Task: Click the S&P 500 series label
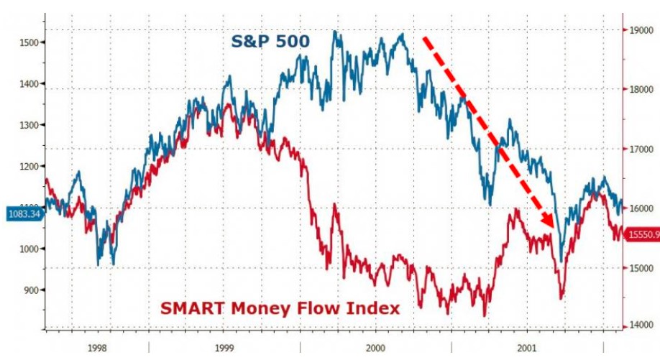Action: [270, 42]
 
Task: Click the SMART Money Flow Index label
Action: [280, 308]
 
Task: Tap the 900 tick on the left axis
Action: [29, 290]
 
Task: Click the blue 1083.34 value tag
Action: [24, 214]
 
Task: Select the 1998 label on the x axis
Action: [97, 348]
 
